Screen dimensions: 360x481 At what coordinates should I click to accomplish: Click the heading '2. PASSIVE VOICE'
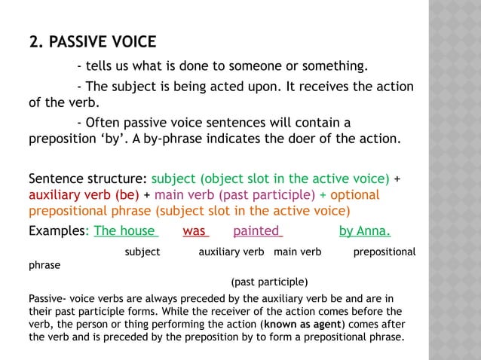pyautogui.click(x=92, y=41)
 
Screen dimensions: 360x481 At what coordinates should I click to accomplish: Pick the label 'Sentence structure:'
pyautogui.click(x=87, y=179)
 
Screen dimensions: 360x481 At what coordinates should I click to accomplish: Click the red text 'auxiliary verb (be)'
pyautogui.click(x=84, y=195)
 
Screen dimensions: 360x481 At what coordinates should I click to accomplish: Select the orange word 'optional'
pyautogui.click(x=354, y=195)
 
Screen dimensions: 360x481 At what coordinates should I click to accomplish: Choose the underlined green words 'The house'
pyautogui.click(x=125, y=230)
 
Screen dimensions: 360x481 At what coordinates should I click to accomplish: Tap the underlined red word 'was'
pyautogui.click(x=195, y=230)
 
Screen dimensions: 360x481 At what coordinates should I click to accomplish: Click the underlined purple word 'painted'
pyautogui.click(x=257, y=230)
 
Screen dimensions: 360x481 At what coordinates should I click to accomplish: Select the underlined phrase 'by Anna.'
pyautogui.click(x=369, y=230)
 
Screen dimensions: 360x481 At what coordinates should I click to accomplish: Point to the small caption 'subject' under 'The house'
pyautogui.click(x=142, y=252)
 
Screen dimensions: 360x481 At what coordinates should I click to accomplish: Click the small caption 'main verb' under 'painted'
pyautogui.click(x=298, y=252)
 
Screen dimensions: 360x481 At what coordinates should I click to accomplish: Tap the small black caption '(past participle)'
pyautogui.click(x=269, y=282)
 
